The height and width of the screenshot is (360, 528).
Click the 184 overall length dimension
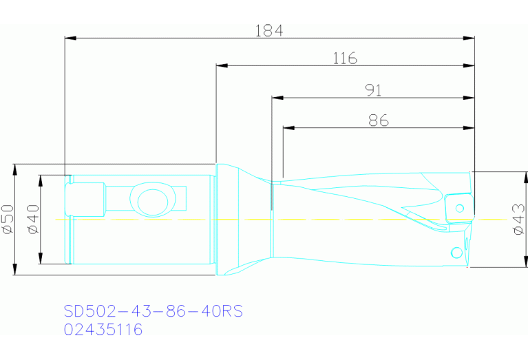pyautogui.click(x=268, y=31)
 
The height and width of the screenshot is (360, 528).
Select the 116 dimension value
pyautogui.click(x=345, y=59)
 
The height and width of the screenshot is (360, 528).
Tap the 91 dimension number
pyautogui.click(x=373, y=90)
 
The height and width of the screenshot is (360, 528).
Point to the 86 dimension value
pyautogui.click(x=379, y=120)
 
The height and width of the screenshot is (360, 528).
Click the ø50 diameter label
pyautogui.click(x=8, y=219)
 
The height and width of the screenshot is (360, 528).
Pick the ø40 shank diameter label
pyautogui.click(x=33, y=219)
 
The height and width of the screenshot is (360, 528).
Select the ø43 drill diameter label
pyautogui.click(x=519, y=219)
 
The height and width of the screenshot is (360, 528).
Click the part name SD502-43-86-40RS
pyautogui.click(x=154, y=311)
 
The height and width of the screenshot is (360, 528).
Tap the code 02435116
pyautogui.click(x=103, y=329)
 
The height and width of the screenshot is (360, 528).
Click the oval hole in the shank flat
pyautogui.click(x=153, y=202)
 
